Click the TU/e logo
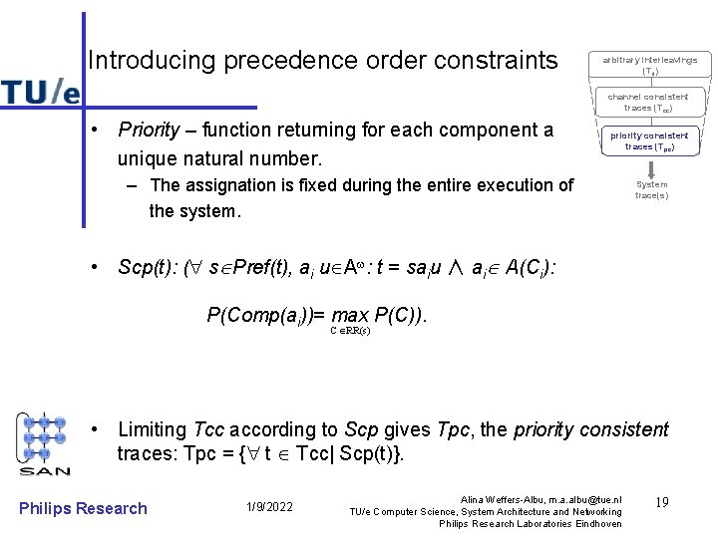click(40, 92)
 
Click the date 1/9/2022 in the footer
click(269, 508)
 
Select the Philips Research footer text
click(83, 508)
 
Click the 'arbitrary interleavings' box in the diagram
click(649, 66)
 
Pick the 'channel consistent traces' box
click(649, 102)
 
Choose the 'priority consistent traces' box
click(649, 140)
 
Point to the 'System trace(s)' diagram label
click(651, 189)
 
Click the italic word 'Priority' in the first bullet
click(149, 131)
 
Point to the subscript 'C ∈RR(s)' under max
click(350, 331)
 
